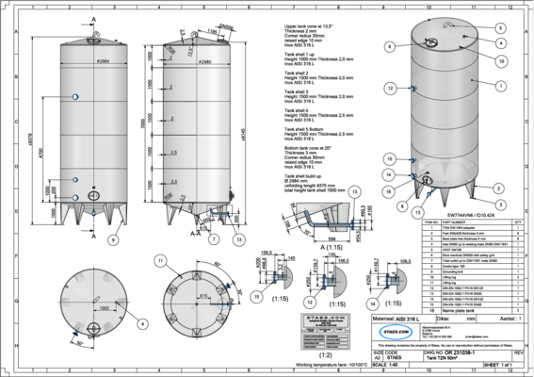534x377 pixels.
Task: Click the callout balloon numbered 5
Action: pyautogui.click(x=500, y=29)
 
